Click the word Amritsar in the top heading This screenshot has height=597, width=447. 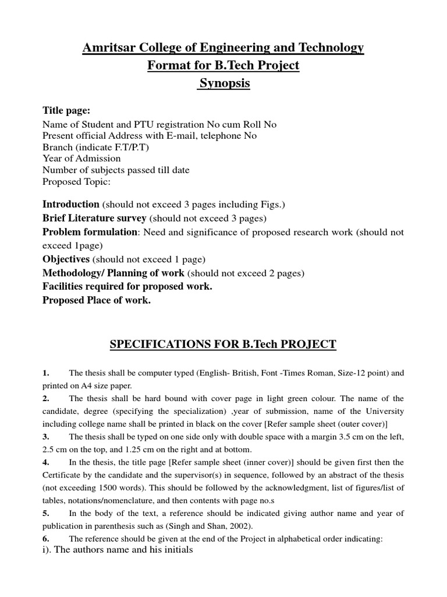(109, 48)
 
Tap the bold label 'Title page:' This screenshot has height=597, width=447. (66, 111)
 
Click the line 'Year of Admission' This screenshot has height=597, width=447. (81, 159)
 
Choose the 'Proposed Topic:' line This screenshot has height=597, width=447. (76, 181)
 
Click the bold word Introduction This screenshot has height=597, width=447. (71, 205)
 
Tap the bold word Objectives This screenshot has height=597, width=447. (66, 259)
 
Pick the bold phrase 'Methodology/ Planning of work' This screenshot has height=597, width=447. (113, 273)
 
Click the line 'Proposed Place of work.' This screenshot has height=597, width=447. (97, 301)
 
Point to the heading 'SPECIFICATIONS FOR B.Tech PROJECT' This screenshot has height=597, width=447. (223, 345)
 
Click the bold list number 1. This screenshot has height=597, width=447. (45, 373)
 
